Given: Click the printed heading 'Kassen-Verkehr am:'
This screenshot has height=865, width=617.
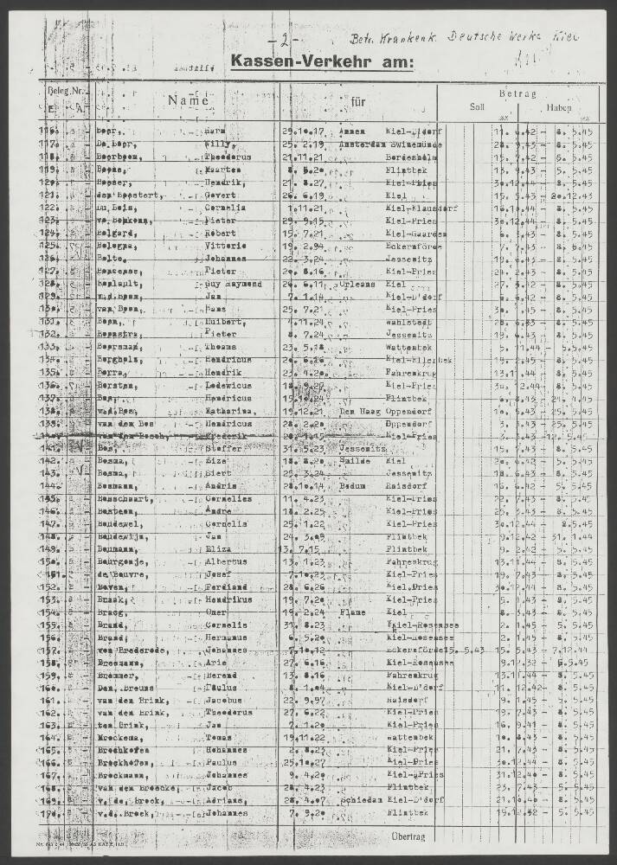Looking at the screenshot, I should click(x=322, y=61).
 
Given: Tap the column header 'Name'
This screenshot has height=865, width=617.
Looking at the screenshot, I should click(x=190, y=100).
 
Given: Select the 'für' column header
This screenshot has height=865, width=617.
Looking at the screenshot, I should click(x=357, y=101).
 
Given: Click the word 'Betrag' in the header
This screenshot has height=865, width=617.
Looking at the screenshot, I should click(x=517, y=93).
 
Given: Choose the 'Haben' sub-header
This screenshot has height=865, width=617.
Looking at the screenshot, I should click(x=558, y=108).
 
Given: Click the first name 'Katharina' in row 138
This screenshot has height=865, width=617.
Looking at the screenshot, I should click(x=228, y=412).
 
